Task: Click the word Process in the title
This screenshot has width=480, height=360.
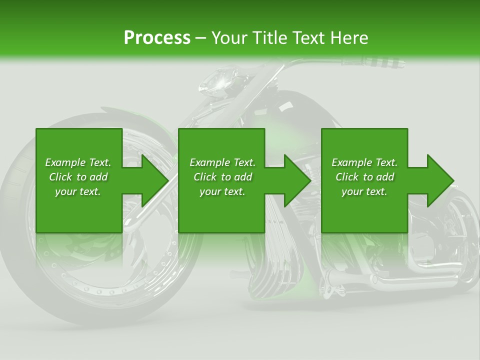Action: pyautogui.click(x=157, y=38)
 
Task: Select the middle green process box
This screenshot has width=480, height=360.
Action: pyautogui.click(x=221, y=210)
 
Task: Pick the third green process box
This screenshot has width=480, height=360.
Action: pyautogui.click(x=364, y=210)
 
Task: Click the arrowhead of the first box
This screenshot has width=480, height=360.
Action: pyautogui.click(x=154, y=180)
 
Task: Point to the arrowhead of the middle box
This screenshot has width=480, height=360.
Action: pyautogui.click(x=297, y=180)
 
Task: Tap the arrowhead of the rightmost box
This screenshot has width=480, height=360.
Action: pyautogui.click(x=439, y=180)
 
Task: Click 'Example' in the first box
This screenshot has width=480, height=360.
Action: pyautogui.click(x=63, y=162)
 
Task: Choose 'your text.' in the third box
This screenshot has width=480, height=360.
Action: pyautogui.click(x=364, y=191)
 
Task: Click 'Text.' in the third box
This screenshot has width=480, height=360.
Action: pyautogui.click(x=385, y=162)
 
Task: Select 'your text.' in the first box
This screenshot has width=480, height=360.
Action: pyautogui.click(x=78, y=191)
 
